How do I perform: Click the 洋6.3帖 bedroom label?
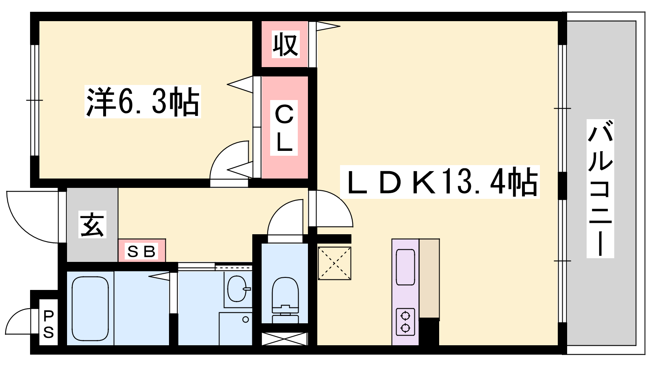[x=143, y=102]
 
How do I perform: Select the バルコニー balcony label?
[x=600, y=188]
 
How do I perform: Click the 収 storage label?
[x=285, y=44]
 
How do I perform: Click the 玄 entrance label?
[x=92, y=224]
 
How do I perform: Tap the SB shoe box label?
[x=141, y=251]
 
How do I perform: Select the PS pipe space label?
[x=48, y=324]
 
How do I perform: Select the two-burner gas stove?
[x=405, y=322]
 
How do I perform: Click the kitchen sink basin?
[x=405, y=267]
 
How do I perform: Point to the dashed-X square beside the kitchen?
[x=334, y=263]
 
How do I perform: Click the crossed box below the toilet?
[x=284, y=339]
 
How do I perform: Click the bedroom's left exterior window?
[x=35, y=100]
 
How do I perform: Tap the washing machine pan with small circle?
[x=236, y=329]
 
